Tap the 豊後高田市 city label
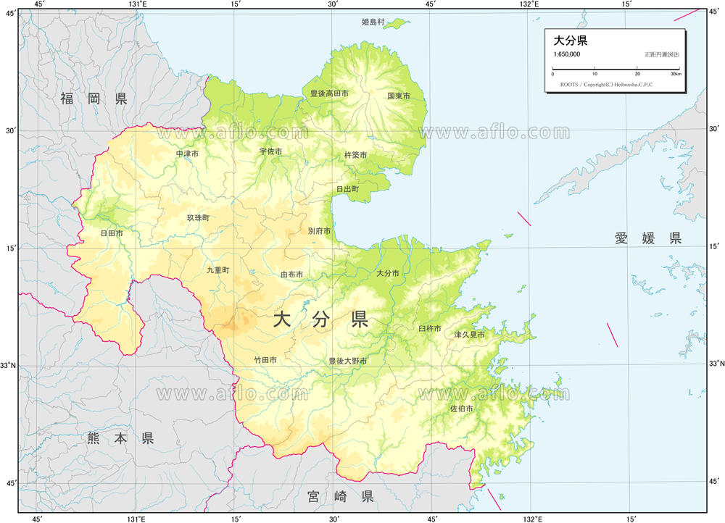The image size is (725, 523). click(329, 94)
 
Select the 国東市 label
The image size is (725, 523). click(399, 96)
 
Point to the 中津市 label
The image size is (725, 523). click(187, 154)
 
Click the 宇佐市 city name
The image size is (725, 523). click(270, 152)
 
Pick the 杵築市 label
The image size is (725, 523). click(355, 156)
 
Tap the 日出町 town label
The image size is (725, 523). click(347, 189)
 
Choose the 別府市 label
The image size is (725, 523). click(319, 232)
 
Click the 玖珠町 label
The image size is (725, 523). click(198, 218)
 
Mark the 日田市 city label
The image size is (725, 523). click(112, 234)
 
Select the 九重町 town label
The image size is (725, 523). click(217, 270)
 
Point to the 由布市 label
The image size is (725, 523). click(291, 275)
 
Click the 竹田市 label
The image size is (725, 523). click(265, 360)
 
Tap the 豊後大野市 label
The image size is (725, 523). click(347, 361)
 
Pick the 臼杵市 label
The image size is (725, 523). click(430, 329)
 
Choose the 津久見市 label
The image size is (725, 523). click(469, 335)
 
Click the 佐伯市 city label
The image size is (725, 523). click(462, 409)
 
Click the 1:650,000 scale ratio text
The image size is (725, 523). click(566, 55)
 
